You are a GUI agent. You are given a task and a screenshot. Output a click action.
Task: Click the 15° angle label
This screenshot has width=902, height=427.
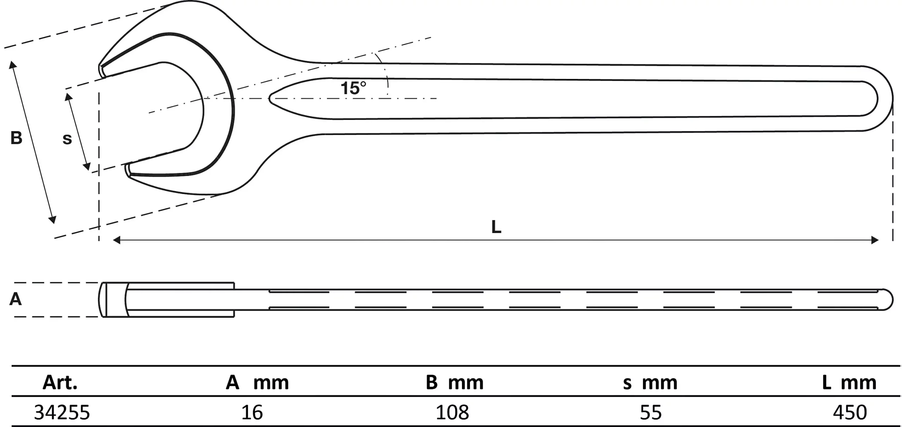353,88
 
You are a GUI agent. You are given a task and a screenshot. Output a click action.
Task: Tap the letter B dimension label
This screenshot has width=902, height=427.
16,138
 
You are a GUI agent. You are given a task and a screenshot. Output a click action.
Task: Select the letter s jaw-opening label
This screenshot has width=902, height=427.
67,139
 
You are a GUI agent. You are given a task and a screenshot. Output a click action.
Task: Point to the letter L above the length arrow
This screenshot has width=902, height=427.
496,227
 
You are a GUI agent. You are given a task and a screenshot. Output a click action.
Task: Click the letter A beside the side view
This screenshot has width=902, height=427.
16,299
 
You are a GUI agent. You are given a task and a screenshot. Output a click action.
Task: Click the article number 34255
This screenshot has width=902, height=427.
62,412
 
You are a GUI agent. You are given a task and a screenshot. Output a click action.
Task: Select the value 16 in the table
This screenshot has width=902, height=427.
252,412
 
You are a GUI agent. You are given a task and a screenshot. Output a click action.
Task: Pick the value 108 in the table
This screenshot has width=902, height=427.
452,412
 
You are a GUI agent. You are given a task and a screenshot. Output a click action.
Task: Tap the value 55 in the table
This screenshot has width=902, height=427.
650,412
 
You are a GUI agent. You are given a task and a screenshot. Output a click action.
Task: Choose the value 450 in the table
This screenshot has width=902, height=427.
850,412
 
